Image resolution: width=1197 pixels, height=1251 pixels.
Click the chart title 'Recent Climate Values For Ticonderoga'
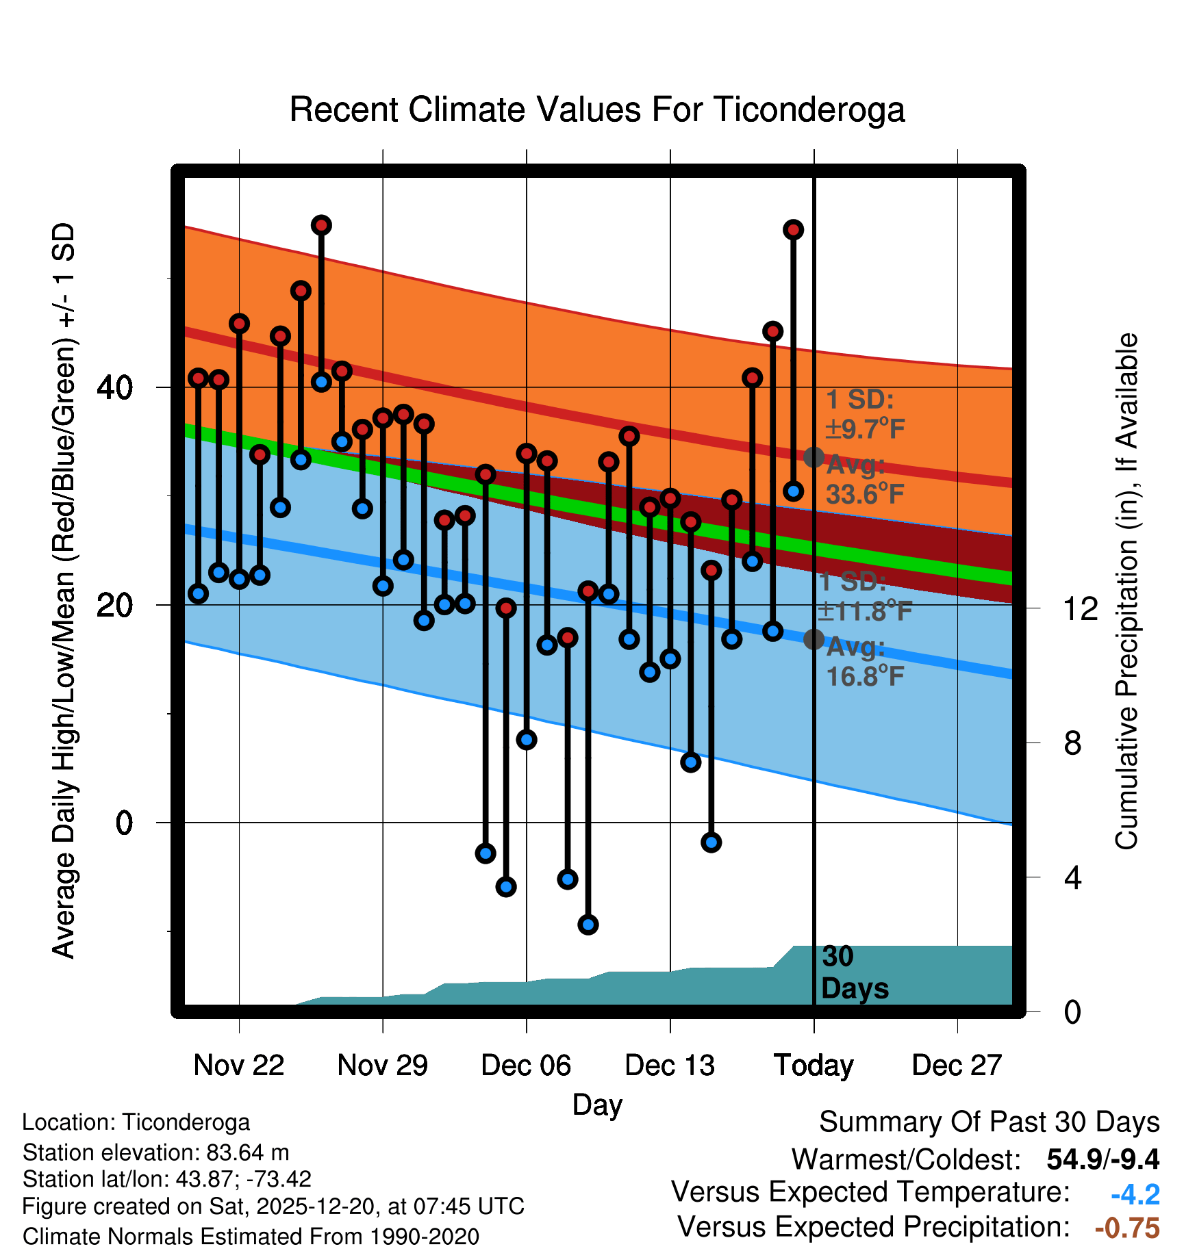click(x=597, y=109)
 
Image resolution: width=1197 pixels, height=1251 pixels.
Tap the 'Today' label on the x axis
click(x=814, y=1066)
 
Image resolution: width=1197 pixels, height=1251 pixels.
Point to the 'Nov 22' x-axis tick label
click(x=238, y=1066)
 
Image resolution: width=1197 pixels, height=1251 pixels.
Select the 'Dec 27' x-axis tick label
click(x=957, y=1066)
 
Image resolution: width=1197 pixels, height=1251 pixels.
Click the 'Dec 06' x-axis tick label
click(x=526, y=1066)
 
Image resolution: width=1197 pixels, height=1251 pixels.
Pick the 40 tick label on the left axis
click(x=115, y=388)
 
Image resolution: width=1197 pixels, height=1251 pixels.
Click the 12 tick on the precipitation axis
click(x=1081, y=608)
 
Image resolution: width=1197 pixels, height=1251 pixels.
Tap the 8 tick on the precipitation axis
click(x=1073, y=743)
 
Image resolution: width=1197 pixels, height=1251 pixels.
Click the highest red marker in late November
click(x=321, y=225)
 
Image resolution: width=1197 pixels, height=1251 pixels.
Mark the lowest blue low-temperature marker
click(x=588, y=925)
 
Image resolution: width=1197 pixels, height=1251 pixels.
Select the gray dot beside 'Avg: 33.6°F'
click(x=814, y=457)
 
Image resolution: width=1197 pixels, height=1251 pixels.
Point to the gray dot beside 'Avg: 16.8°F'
click(x=814, y=639)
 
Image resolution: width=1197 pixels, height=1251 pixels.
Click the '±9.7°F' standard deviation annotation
click(x=865, y=429)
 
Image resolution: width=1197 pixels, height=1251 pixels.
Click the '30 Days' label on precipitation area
click(x=854, y=972)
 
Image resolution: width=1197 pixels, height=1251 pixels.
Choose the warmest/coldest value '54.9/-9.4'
click(x=1102, y=1159)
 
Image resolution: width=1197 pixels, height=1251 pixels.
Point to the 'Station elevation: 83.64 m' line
click(x=155, y=1152)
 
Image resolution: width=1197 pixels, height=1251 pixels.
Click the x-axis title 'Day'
click(x=597, y=1105)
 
